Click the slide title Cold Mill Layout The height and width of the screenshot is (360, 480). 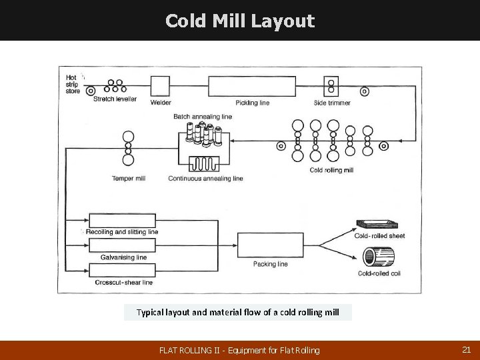tap(239, 21)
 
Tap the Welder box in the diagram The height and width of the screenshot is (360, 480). tap(161, 86)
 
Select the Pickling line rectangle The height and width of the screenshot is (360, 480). tap(252, 87)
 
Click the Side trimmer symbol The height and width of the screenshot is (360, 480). tap(331, 87)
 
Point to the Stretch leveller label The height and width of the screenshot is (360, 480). tap(115, 99)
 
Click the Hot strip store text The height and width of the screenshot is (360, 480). tap(72, 84)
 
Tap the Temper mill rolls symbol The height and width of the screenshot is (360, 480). tap(127, 148)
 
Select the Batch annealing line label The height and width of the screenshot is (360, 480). tap(203, 116)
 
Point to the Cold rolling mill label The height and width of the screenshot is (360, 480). tap(331, 170)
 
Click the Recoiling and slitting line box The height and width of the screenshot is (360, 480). tap(122, 220)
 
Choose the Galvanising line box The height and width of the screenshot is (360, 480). tap(122, 245)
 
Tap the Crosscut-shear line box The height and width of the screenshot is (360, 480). tap(122, 270)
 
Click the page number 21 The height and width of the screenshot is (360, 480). tap(466, 349)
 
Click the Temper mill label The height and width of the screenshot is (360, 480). tap(129, 179)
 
